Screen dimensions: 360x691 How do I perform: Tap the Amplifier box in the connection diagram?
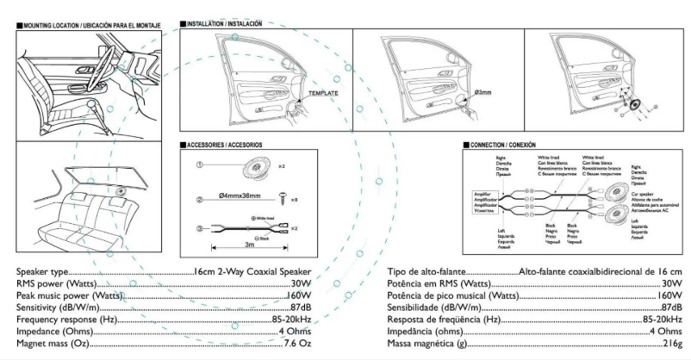482,207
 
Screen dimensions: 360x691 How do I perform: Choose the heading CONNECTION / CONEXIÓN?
506,145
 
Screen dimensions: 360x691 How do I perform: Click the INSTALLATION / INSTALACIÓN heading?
225,23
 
